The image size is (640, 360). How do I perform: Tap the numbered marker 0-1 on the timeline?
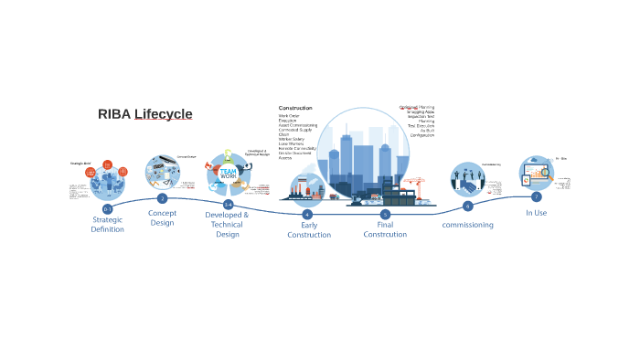[108, 209]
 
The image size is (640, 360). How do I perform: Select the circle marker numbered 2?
[162, 198]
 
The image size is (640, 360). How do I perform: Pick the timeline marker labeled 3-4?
[228, 205]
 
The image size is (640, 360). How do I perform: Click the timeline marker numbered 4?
[307, 214]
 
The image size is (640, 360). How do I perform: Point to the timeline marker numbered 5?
[385, 214]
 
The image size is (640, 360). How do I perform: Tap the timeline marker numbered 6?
[467, 206]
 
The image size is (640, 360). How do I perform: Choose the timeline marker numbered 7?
[537, 196]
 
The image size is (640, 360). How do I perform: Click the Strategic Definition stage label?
[108, 224]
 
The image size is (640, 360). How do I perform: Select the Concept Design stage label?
[162, 217]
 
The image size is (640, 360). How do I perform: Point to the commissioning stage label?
[467, 225]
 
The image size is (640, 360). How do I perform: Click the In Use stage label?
[536, 213]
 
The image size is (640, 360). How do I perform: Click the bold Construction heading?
[295, 108]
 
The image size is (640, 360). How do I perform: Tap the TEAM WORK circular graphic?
[228, 172]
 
